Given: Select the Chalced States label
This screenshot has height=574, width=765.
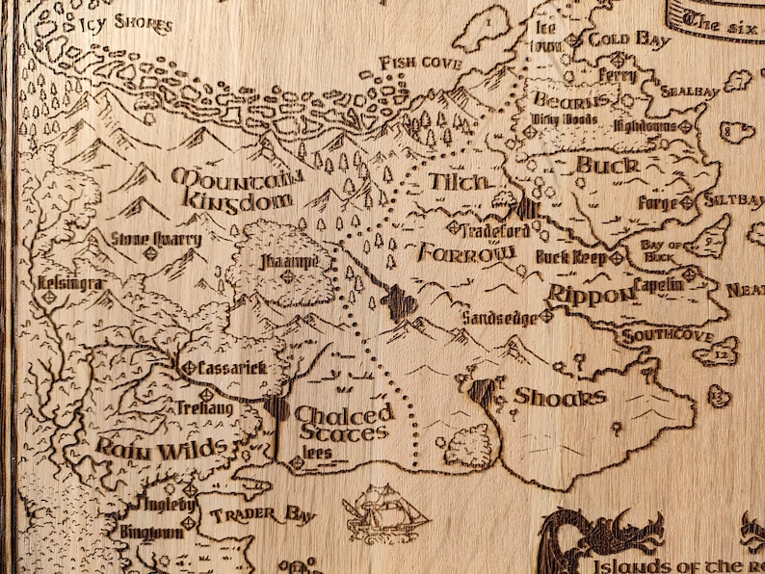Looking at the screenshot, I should pyautogui.click(x=343, y=423).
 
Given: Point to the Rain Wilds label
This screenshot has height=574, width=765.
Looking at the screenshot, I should pyautogui.click(x=162, y=448).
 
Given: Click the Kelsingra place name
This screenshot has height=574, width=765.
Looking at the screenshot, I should pyautogui.click(x=68, y=283).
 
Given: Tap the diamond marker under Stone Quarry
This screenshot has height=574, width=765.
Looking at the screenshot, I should pyautogui.click(x=150, y=254).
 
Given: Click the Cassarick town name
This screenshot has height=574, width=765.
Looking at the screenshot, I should pyautogui.click(x=230, y=368).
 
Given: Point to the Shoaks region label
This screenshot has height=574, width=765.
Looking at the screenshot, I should pyautogui.click(x=560, y=397).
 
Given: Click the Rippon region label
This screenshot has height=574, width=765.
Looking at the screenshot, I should pyautogui.click(x=590, y=295).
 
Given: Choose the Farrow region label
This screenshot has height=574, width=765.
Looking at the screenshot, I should pyautogui.click(x=466, y=253).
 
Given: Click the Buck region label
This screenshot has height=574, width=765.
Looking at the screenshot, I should pyautogui.click(x=607, y=166).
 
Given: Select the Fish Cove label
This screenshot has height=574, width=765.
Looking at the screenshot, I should pyautogui.click(x=420, y=63).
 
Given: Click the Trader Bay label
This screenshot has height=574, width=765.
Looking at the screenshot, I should pyautogui.click(x=262, y=515).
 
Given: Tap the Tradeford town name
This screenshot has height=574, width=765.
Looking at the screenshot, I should pyautogui.click(x=493, y=230).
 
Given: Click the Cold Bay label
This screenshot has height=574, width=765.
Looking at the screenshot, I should pyautogui.click(x=628, y=39).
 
